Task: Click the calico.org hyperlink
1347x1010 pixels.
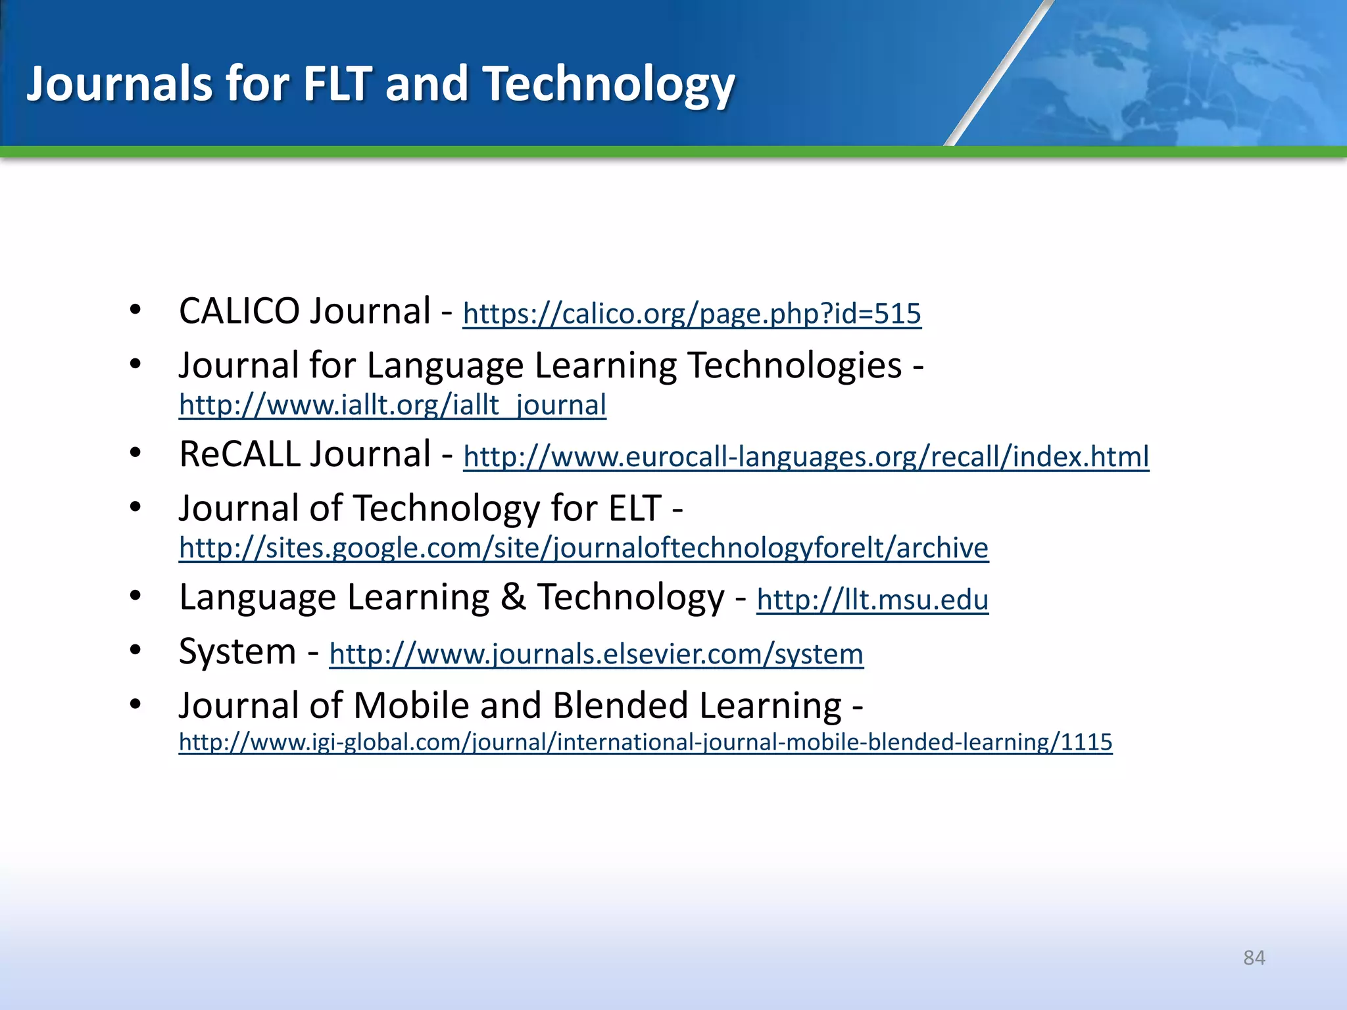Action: [692, 314]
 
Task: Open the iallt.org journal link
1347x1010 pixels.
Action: [392, 405]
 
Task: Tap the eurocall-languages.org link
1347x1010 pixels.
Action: [806, 456]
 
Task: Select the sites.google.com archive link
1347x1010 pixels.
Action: [583, 548]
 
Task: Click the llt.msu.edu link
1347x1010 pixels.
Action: [872, 600]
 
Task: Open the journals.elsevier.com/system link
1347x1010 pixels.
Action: [596, 654]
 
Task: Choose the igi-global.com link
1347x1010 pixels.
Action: [645, 742]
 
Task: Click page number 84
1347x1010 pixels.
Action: [1254, 957]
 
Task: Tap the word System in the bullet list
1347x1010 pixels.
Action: [237, 652]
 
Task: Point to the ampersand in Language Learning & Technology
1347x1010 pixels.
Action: [513, 597]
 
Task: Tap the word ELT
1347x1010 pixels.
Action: [635, 508]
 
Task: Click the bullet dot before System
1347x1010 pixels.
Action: [135, 650]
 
